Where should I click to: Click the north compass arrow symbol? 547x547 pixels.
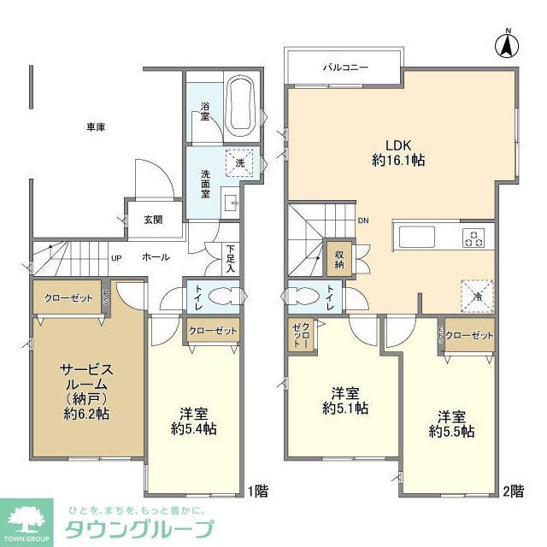tap(507, 44)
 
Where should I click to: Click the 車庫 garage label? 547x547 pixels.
tap(96, 127)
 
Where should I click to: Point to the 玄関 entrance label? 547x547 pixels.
tap(152, 220)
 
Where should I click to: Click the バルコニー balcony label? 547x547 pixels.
tap(344, 66)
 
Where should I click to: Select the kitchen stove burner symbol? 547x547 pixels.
tap(472, 238)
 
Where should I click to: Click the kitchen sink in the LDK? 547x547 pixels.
tap(416, 237)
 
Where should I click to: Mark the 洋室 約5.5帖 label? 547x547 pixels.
tap(452, 423)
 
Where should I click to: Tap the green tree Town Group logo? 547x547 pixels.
tap(26, 521)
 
